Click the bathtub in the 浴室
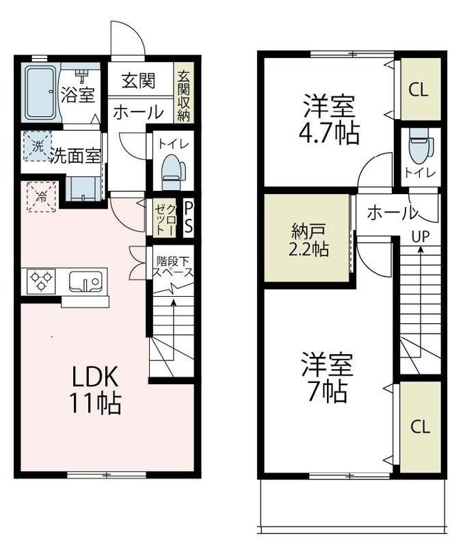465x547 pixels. pyautogui.click(x=41, y=92)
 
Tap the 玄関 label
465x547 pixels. pyautogui.click(x=139, y=81)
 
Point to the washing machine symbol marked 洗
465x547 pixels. pyautogui.click(x=37, y=145)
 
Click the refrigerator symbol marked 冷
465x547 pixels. pyautogui.click(x=40, y=197)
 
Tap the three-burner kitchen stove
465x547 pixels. pyautogui.click(x=40, y=281)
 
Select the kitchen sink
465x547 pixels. pyautogui.click(x=85, y=281)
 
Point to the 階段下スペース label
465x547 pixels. pyautogui.click(x=172, y=266)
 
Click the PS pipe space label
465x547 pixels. pyautogui.click(x=188, y=216)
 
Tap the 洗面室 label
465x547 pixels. pyautogui.click(x=75, y=155)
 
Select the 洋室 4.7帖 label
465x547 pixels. pyautogui.click(x=329, y=120)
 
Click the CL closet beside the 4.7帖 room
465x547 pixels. pyautogui.click(x=418, y=90)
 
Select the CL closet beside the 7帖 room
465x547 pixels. pyautogui.click(x=420, y=427)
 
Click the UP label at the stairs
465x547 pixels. pyautogui.click(x=419, y=236)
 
